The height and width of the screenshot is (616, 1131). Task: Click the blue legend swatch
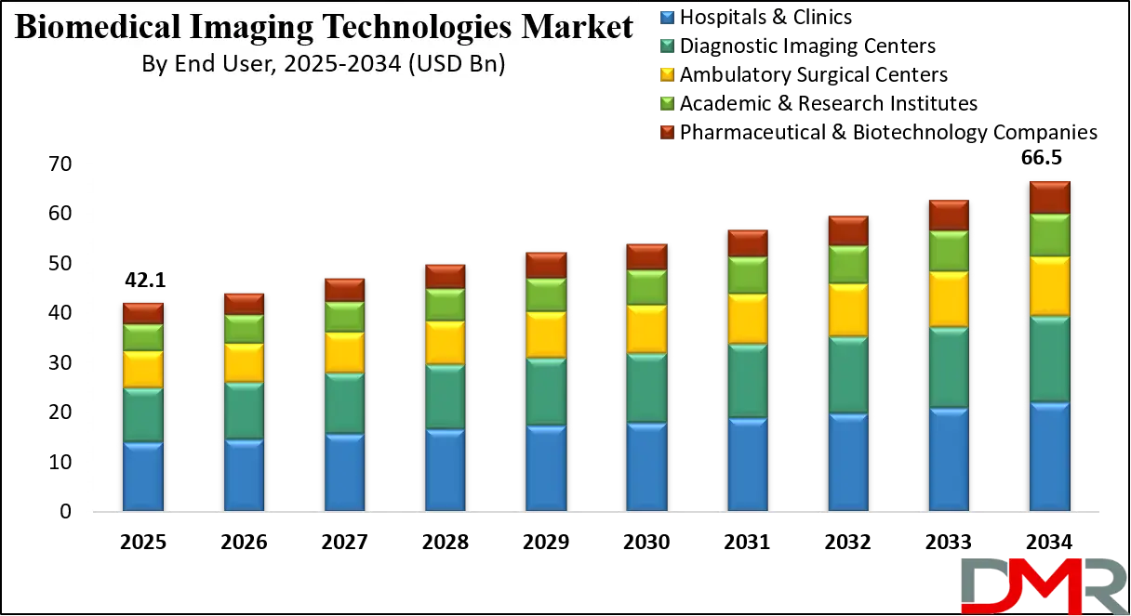(666, 18)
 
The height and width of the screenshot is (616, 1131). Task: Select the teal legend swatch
(666, 46)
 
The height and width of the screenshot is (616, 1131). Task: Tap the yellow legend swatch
(666, 74)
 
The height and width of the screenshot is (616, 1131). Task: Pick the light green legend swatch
(666, 103)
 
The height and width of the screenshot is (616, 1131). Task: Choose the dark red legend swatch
(666, 131)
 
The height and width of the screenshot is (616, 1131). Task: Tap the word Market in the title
(577, 27)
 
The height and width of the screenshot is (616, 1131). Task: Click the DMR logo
(1043, 585)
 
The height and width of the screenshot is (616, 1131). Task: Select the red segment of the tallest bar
(1049, 198)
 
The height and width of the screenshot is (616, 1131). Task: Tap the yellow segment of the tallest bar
(1049, 286)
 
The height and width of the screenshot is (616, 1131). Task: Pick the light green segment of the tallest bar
(1049, 236)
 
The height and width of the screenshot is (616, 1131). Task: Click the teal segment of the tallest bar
(1049, 360)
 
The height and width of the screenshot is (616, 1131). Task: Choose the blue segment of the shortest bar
(142, 476)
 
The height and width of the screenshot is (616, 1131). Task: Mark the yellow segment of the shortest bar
(142, 370)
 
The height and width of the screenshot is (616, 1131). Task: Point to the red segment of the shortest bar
(142, 312)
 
